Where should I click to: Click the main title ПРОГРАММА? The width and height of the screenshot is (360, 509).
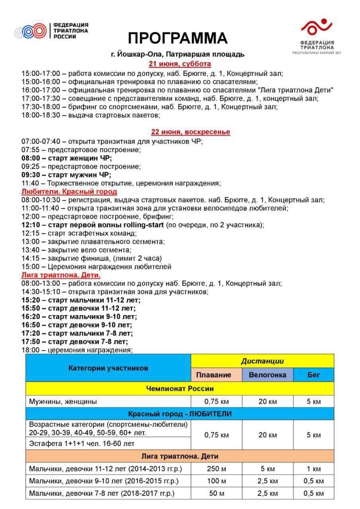177,38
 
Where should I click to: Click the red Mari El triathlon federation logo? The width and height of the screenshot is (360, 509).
316,27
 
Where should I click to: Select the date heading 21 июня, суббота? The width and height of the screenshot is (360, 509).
180,64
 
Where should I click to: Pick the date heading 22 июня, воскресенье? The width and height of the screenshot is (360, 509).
190,132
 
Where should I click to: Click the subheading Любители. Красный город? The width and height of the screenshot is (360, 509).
69,192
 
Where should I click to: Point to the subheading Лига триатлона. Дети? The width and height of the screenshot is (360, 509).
61,275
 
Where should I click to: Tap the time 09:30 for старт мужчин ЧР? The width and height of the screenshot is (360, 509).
30,175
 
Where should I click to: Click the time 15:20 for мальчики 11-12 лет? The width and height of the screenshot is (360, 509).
30,300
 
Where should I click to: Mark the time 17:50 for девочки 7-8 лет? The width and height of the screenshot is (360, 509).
30,342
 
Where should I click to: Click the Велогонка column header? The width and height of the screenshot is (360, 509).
267,375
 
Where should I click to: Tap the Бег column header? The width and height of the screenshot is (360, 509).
313,375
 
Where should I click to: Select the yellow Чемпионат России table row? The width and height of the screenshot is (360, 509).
180,389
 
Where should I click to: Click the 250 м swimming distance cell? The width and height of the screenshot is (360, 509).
216,469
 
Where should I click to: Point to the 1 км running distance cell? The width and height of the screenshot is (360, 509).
313,469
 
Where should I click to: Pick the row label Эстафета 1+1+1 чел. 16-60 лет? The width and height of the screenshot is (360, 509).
82,443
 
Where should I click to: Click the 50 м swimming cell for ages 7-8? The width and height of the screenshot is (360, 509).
216,493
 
